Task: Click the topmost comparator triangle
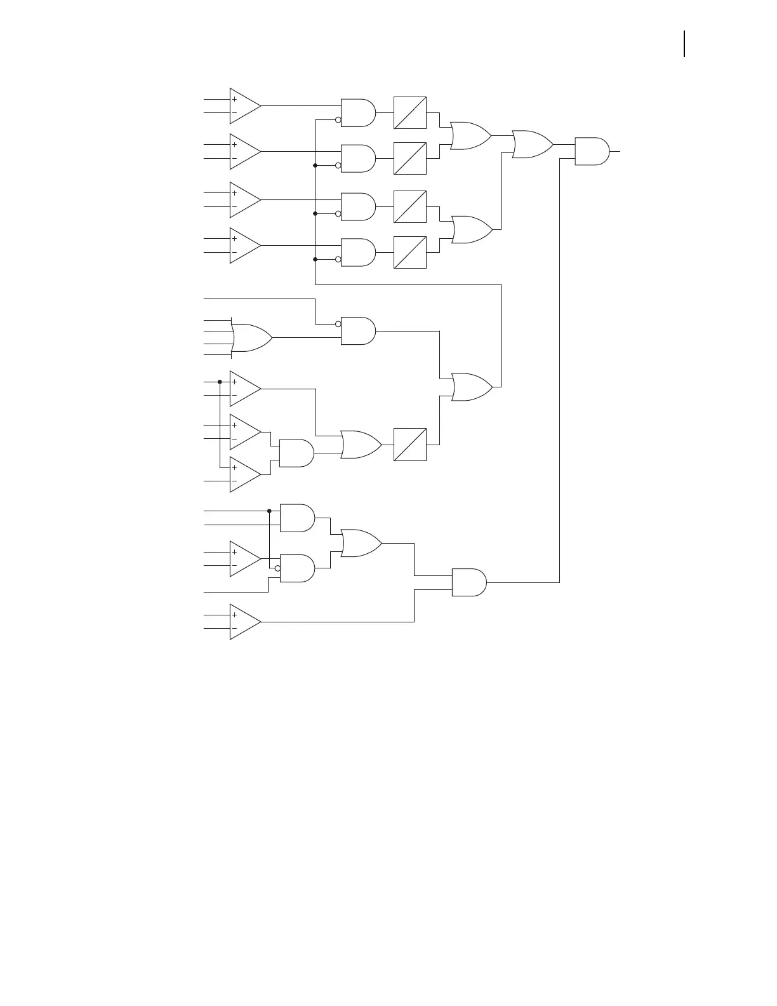pos(244,106)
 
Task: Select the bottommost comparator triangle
pos(244,622)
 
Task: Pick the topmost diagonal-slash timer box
pos(410,113)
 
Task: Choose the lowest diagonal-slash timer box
pos(410,445)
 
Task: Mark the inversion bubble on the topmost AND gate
pos(338,120)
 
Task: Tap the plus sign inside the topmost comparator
pos(234,99)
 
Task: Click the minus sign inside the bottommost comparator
pos(234,629)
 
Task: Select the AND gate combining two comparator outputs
pos(296,453)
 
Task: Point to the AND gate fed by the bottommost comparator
pos(468,582)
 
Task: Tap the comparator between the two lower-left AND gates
pos(244,559)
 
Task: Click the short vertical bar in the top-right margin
pos(684,44)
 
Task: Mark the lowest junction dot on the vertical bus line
pos(315,259)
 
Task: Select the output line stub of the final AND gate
pos(615,152)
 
